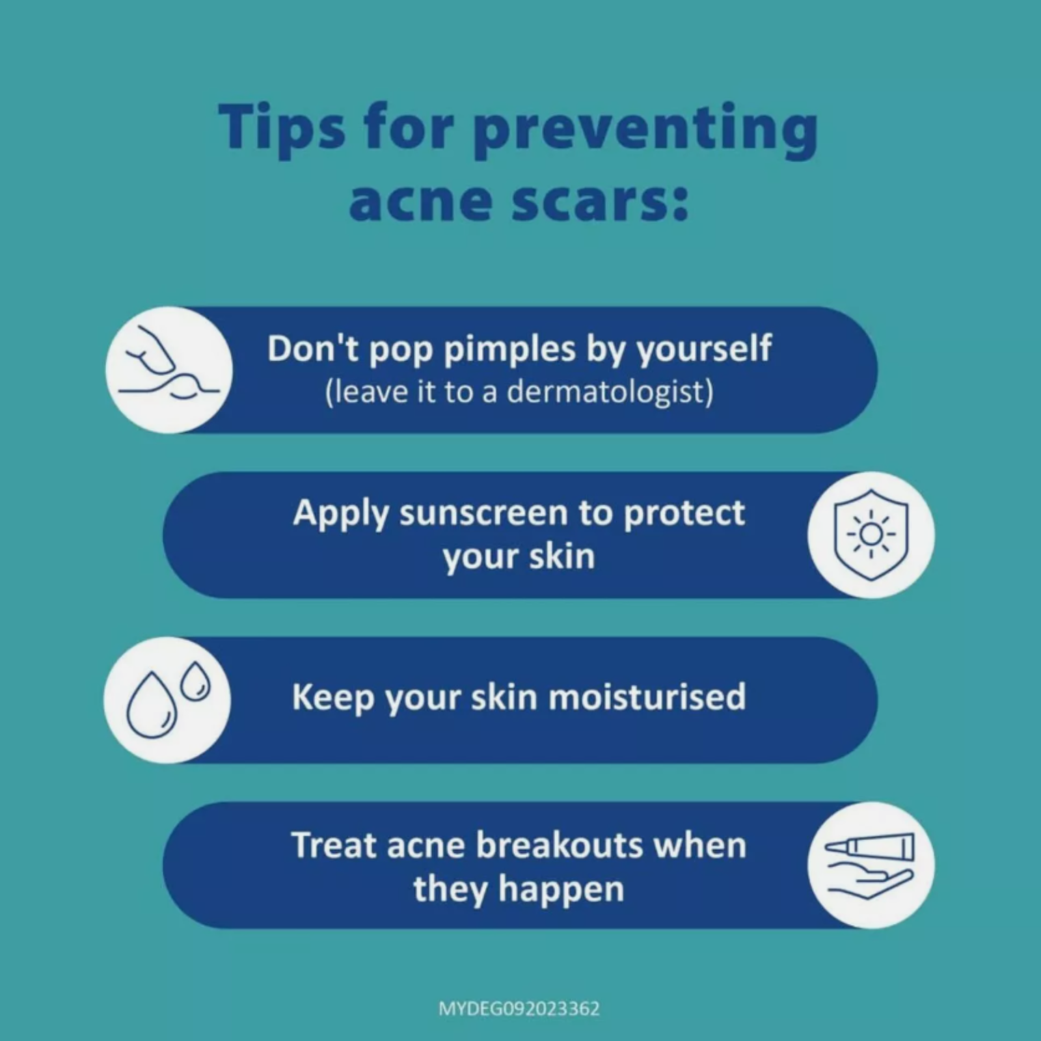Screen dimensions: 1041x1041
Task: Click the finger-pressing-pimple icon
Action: click(169, 370)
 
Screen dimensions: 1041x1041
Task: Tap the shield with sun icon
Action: click(871, 535)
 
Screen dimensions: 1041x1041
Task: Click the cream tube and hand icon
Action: click(870, 865)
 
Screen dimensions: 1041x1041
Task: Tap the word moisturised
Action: click(647, 697)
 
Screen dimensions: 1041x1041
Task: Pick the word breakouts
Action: click(560, 845)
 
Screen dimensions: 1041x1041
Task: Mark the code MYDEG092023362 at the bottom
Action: click(519, 1009)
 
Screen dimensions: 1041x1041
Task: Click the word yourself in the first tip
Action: click(704, 350)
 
